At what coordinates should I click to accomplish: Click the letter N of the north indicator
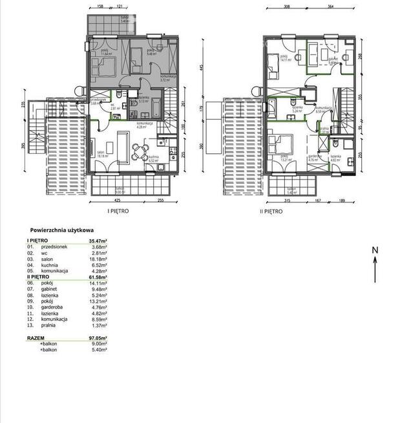click(x=374, y=250)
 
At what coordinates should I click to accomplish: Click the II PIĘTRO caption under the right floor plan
click(x=272, y=211)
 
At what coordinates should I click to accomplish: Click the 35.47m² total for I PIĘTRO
click(x=97, y=241)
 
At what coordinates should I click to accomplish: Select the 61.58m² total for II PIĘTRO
click(x=97, y=277)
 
